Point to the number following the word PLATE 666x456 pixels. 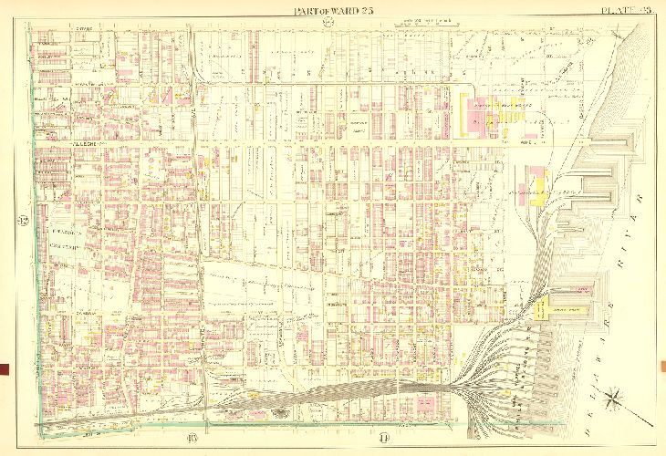pyautogui.click(x=644, y=10)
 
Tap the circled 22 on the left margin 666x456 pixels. pyautogui.click(x=21, y=222)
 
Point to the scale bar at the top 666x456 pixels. pyautogui.click(x=429, y=19)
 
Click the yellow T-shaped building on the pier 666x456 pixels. pyautogui.click(x=551, y=311)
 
